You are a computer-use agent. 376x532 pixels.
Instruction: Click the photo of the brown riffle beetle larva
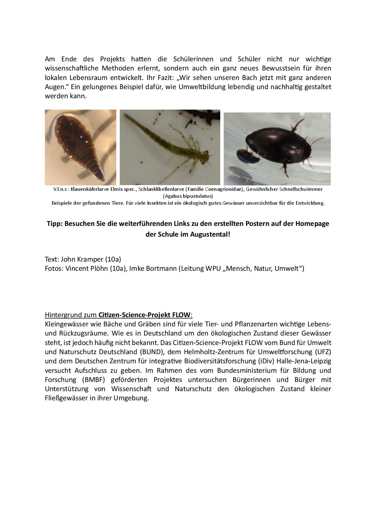pos(80,147)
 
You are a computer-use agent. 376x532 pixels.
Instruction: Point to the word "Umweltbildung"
pos(199,87)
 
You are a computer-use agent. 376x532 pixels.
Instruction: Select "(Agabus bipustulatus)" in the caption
pos(188,196)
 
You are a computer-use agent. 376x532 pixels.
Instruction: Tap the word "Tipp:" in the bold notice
pos(55,224)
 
